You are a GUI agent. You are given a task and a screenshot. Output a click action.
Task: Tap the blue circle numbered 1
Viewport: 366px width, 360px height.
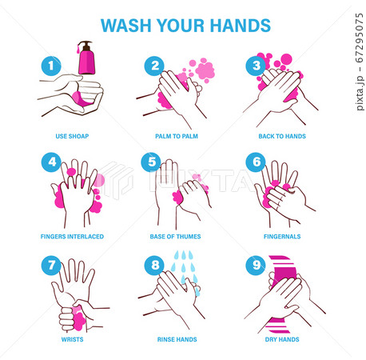[x=50, y=65]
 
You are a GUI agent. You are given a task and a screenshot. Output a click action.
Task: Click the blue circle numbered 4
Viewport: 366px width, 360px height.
[x=50, y=162]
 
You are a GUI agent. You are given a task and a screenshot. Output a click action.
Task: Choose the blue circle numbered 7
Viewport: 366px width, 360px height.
[x=50, y=263]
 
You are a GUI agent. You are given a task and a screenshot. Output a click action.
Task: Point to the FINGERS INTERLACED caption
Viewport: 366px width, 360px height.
[x=72, y=237]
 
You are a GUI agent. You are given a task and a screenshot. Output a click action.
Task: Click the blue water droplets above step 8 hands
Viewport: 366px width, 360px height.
[x=185, y=264]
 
